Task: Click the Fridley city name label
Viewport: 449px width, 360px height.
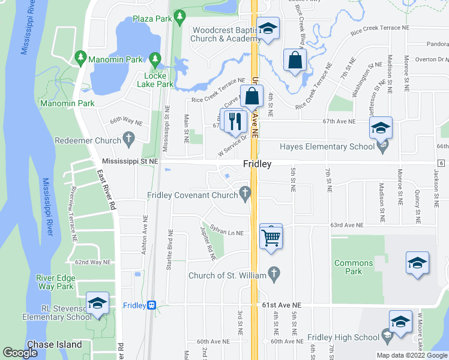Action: click(x=258, y=164)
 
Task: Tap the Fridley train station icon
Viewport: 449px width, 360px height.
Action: click(x=152, y=305)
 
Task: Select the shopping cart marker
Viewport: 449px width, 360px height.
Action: click(x=271, y=237)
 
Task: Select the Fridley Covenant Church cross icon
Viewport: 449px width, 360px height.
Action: click(x=244, y=193)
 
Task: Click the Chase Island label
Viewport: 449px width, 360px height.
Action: click(x=58, y=344)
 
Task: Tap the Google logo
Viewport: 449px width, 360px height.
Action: click(x=20, y=353)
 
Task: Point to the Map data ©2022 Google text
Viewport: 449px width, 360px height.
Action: click(x=411, y=355)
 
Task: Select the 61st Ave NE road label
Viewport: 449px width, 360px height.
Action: click(x=282, y=305)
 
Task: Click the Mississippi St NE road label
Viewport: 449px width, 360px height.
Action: click(x=130, y=161)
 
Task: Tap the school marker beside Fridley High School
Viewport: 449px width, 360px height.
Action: click(x=400, y=322)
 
